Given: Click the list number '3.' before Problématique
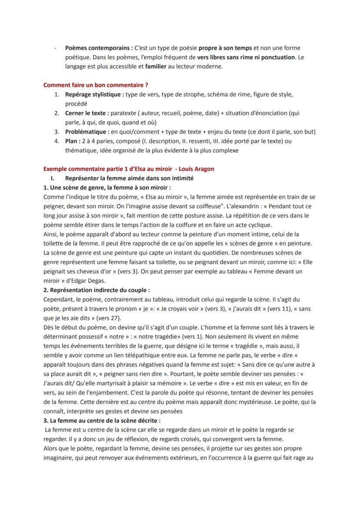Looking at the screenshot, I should click(x=57, y=132).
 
